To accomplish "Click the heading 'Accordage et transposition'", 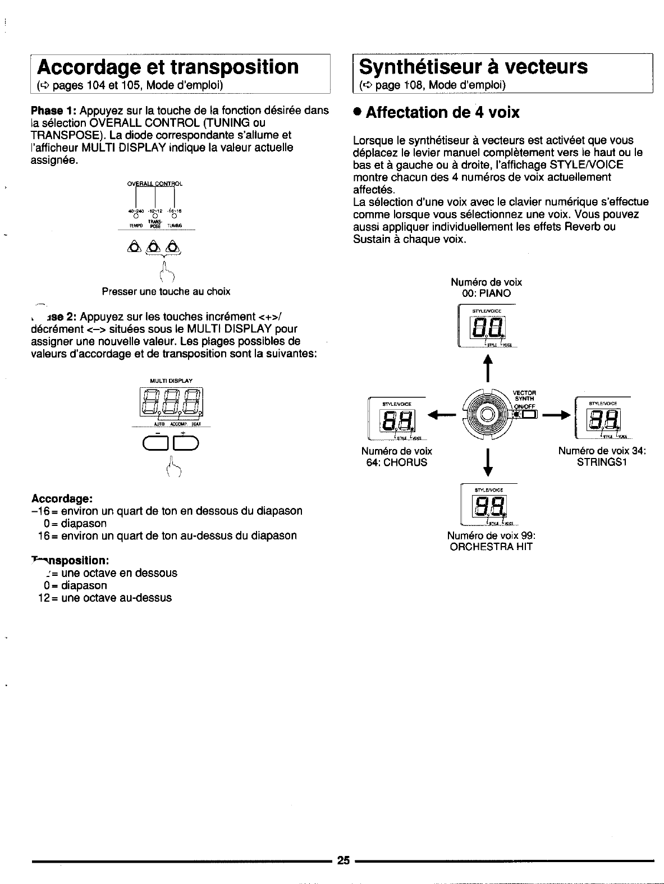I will (167, 67).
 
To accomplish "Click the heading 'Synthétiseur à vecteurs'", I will (473, 67).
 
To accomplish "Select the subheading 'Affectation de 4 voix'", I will (442, 113).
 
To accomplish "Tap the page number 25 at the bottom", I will (344, 860).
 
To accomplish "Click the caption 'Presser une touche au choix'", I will (166, 292).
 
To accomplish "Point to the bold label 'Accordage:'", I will (62, 498).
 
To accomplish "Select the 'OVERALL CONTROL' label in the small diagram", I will (155, 184).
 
